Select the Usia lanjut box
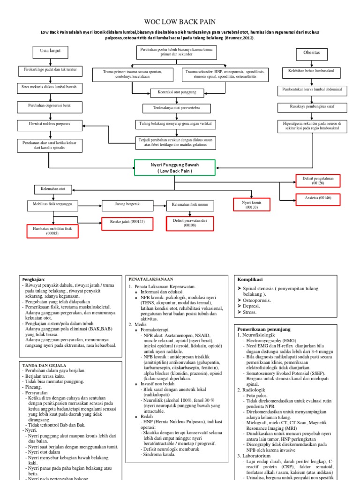pyautogui.click(x=51, y=51)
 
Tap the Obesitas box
pyautogui.click(x=312, y=53)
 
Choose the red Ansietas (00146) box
pyautogui.click(x=317, y=198)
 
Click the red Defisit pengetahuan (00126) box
pyautogui.click(x=317, y=180)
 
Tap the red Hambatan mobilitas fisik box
pyautogui.click(x=52, y=231)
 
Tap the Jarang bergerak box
pyautogui.click(x=127, y=205)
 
